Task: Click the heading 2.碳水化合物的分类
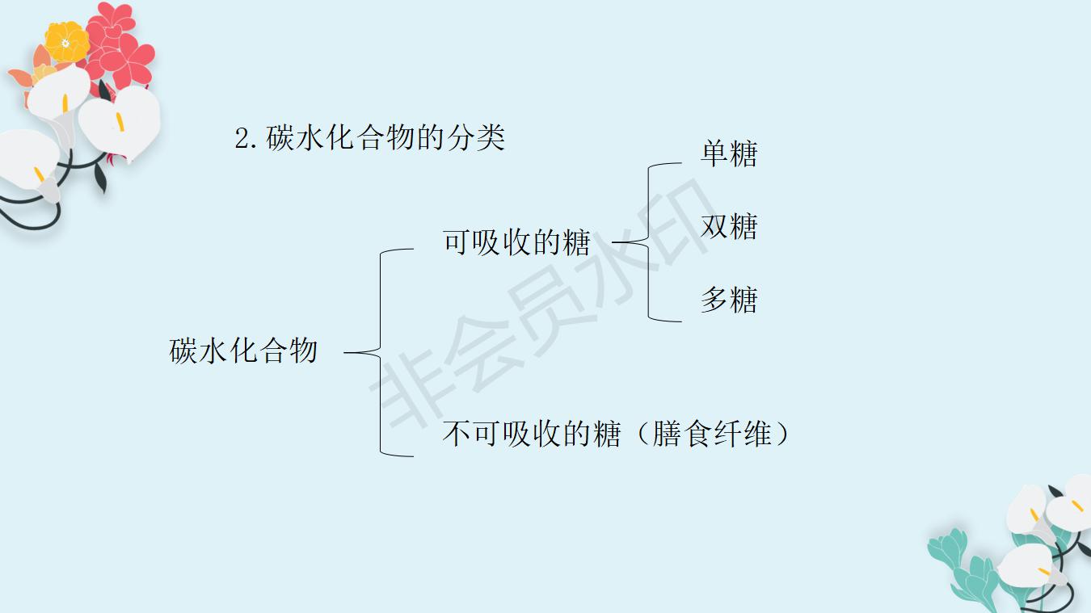click(x=370, y=138)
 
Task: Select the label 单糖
click(x=729, y=153)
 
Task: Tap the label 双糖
click(x=729, y=227)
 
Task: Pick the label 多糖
click(x=729, y=300)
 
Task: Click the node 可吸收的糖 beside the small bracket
click(x=516, y=242)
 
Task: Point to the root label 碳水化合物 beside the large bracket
click(x=243, y=351)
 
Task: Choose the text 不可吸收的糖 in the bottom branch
click(x=531, y=435)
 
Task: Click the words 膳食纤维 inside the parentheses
click(x=711, y=435)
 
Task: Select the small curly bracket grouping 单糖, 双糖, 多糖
click(x=648, y=241)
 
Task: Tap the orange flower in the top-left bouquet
click(x=66, y=40)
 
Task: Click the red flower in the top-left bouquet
click(x=121, y=44)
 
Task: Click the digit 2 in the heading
click(x=242, y=139)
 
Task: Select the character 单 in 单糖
click(x=714, y=153)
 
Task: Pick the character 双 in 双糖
click(x=714, y=227)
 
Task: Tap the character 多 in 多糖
click(x=714, y=300)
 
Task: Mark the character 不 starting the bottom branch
click(x=457, y=435)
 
